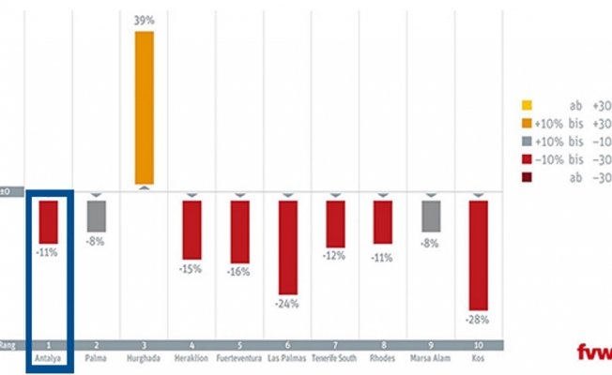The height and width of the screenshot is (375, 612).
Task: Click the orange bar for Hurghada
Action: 144,107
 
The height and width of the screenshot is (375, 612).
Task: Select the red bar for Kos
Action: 479,254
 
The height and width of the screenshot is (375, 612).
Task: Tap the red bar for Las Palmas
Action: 287,247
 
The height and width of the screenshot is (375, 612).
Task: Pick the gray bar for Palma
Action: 96,216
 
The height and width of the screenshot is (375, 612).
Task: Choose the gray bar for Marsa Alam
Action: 431,216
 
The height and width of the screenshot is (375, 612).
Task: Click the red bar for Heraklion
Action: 191,230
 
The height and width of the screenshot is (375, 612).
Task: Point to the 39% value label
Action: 144,20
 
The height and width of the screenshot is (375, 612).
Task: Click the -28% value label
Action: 479,319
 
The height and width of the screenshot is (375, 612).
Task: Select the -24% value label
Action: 287,304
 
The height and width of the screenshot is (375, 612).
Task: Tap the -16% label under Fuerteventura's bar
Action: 239,273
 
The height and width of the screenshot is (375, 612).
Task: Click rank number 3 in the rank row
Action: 144,345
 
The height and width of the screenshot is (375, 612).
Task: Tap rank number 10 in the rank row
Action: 479,345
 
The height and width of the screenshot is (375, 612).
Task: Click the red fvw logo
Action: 594,352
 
